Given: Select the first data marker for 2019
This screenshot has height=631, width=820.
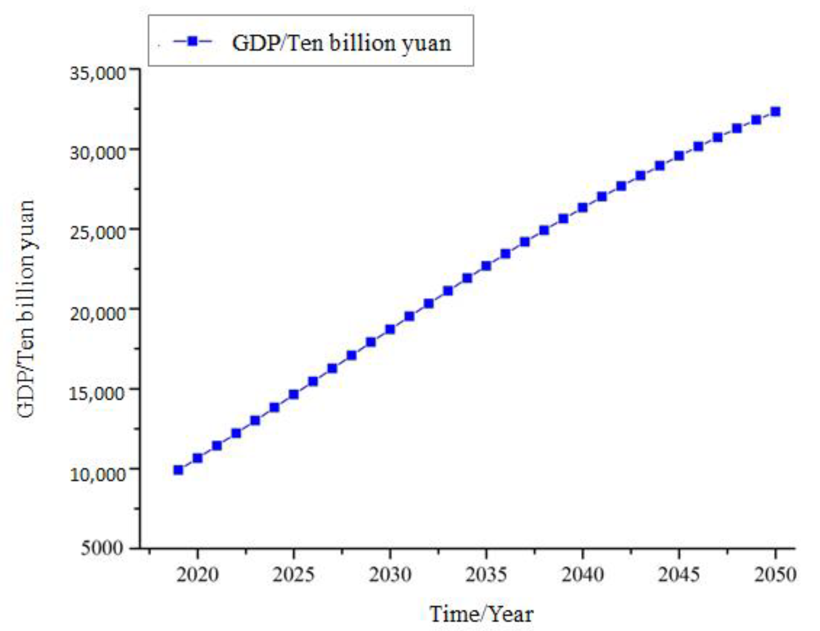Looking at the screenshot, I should (178, 470).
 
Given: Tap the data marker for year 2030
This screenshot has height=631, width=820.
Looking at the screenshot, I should (390, 329).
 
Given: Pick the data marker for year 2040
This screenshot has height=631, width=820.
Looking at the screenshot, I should (582, 207).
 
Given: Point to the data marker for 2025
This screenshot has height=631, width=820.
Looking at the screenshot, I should (294, 394).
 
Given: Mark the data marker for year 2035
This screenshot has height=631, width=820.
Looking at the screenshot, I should (486, 266).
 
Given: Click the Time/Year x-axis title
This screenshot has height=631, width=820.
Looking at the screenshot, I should (481, 614).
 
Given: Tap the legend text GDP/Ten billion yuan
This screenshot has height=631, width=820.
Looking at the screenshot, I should (341, 43).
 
